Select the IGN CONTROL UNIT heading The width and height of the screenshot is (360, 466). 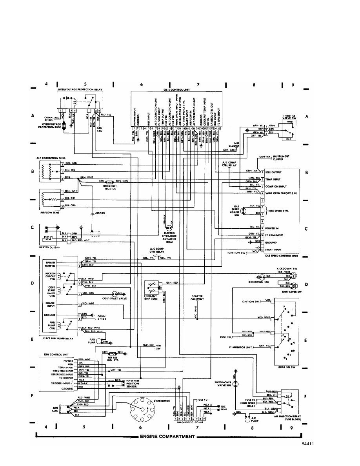52,354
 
